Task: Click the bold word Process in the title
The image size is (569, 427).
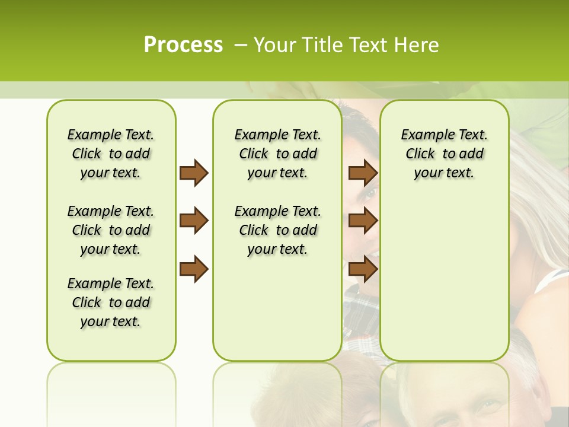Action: coord(183,44)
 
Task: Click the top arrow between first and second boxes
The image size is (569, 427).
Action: coord(194,173)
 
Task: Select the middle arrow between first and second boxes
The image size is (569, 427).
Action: coord(194,221)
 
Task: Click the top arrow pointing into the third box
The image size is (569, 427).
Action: coord(363,173)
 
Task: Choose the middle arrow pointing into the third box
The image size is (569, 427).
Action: coord(363,221)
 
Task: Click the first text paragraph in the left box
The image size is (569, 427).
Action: coord(111,154)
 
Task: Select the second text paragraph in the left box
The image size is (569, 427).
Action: coord(111,230)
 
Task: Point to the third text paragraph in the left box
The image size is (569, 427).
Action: coord(111,302)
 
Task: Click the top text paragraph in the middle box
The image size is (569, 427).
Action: coord(277,154)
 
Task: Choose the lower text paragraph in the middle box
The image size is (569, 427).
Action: coord(277,230)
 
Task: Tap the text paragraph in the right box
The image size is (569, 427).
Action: coord(444,154)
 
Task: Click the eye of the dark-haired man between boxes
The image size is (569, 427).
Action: coord(369,193)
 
